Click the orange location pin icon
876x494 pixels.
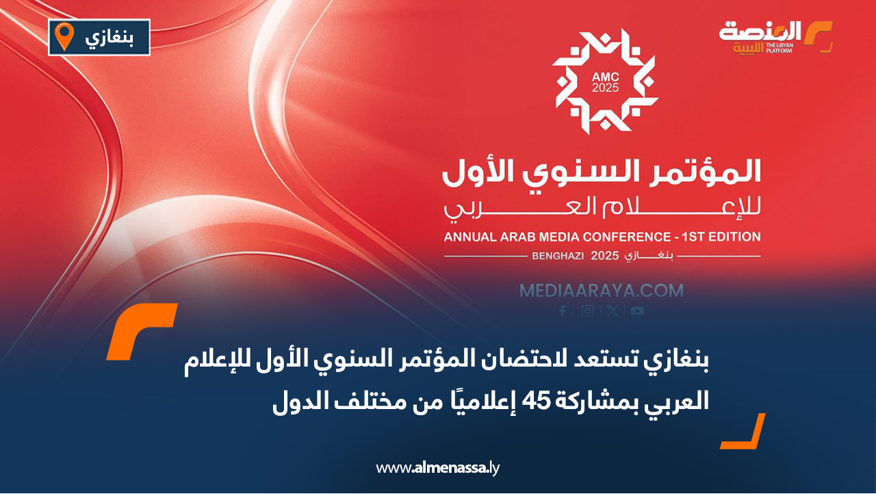(x=64, y=36)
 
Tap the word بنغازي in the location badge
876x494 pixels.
(x=108, y=38)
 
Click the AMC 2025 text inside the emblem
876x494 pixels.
(x=605, y=83)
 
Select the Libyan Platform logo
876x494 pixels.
(x=775, y=38)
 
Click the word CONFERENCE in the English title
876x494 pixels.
(x=616, y=237)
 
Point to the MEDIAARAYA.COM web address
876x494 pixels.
(x=601, y=291)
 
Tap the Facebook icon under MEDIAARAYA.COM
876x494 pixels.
(x=563, y=311)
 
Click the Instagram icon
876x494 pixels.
(x=587, y=311)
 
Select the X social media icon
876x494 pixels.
(x=612, y=311)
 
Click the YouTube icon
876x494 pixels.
(x=637, y=311)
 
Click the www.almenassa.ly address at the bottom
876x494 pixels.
(x=438, y=469)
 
